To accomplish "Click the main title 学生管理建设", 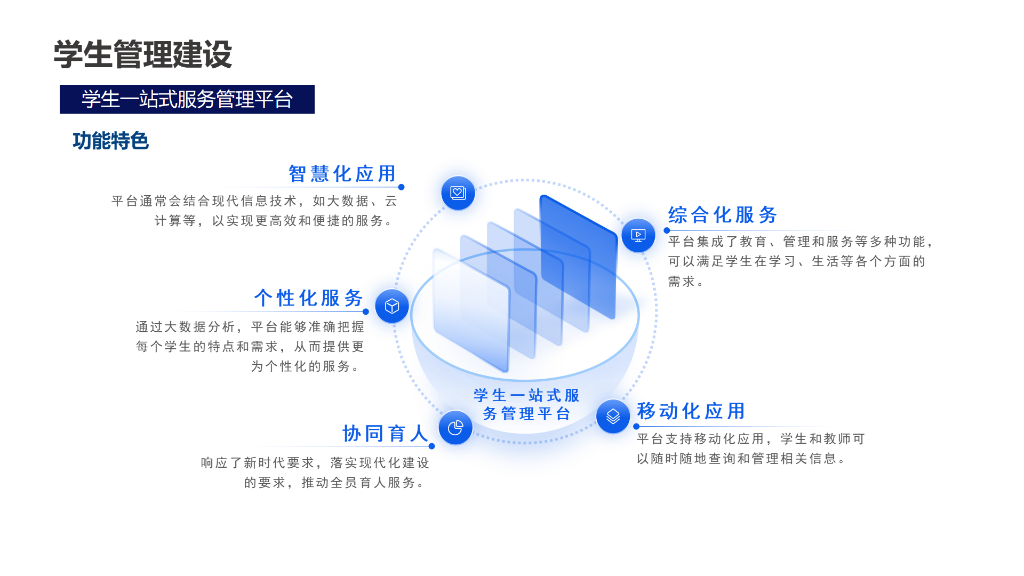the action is pos(143,54).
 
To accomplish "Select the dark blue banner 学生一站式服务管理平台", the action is pos(187,99).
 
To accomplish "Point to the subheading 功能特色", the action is pos(111,141).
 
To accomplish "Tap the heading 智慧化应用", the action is pos(342,173).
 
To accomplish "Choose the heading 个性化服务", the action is pos(308,298).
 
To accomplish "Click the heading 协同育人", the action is pos(385,434).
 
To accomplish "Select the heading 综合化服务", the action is pos(723,215).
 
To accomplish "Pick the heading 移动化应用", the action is pos(691,411).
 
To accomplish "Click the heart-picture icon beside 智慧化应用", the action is pos(458,193).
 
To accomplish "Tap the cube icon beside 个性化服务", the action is pos(392,306).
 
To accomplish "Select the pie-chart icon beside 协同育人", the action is pos(455,427).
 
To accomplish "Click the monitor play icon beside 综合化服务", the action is pos(638,235).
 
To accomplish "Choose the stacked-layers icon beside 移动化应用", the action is pos(613,416).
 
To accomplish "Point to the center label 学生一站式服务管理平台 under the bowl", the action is pos(527,404).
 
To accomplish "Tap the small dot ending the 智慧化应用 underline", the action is pos(401,187).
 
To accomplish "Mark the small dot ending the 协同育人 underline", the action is pos(431,446).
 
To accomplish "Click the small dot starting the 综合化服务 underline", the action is pos(667,230).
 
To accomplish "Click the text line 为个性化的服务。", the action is pos(306,366).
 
